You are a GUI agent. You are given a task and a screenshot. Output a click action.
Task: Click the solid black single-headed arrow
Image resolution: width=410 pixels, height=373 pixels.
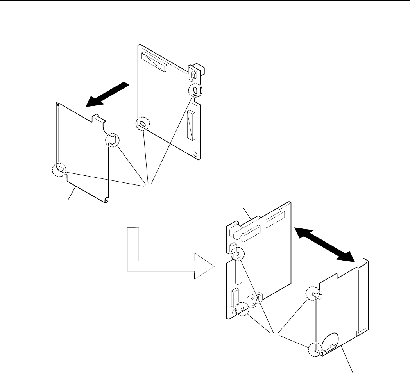click(107, 94)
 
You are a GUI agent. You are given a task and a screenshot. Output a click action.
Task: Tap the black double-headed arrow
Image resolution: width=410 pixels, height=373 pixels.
click(324, 245)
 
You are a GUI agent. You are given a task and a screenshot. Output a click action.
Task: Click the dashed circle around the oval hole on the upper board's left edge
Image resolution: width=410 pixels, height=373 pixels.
click(143, 124)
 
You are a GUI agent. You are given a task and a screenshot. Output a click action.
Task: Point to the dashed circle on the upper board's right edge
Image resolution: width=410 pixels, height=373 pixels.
click(195, 91)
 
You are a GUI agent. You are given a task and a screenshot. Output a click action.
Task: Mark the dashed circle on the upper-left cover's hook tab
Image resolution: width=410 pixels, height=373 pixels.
click(113, 140)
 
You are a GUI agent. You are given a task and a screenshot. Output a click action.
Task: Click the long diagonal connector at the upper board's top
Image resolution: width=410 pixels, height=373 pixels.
click(154, 61)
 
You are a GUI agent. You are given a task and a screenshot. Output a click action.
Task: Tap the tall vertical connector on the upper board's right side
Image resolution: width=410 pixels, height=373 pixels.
click(191, 125)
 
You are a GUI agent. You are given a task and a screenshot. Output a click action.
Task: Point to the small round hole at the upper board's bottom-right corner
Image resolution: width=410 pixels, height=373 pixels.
click(196, 152)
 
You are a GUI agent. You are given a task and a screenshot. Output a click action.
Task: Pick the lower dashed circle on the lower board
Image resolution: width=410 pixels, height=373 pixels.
click(242, 309)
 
